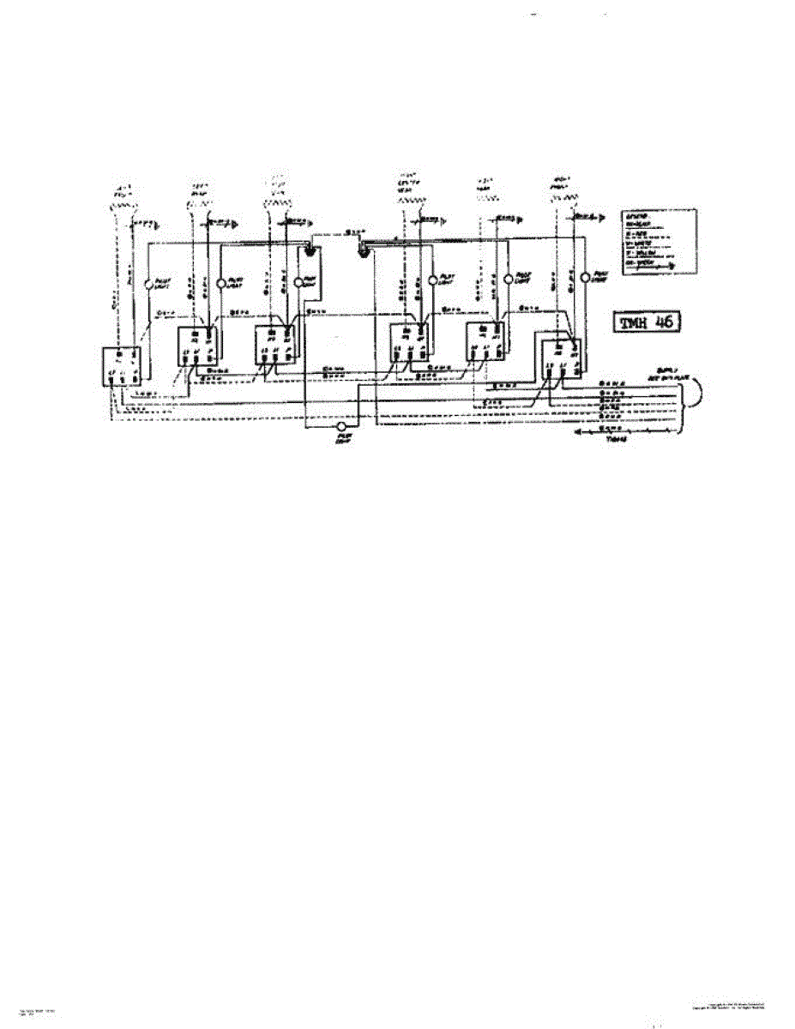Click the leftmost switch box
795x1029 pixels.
pyautogui.click(x=123, y=366)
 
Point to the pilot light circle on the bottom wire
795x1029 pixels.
pyautogui.click(x=342, y=425)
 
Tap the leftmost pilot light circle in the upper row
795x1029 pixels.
pyautogui.click(x=148, y=282)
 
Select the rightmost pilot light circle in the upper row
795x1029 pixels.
pyautogui.click(x=586, y=278)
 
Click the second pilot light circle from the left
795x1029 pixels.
pyautogui.click(x=221, y=282)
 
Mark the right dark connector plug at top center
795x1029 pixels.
pyautogui.click(x=364, y=250)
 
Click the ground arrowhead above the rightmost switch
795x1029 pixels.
pyautogui.click(x=595, y=219)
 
